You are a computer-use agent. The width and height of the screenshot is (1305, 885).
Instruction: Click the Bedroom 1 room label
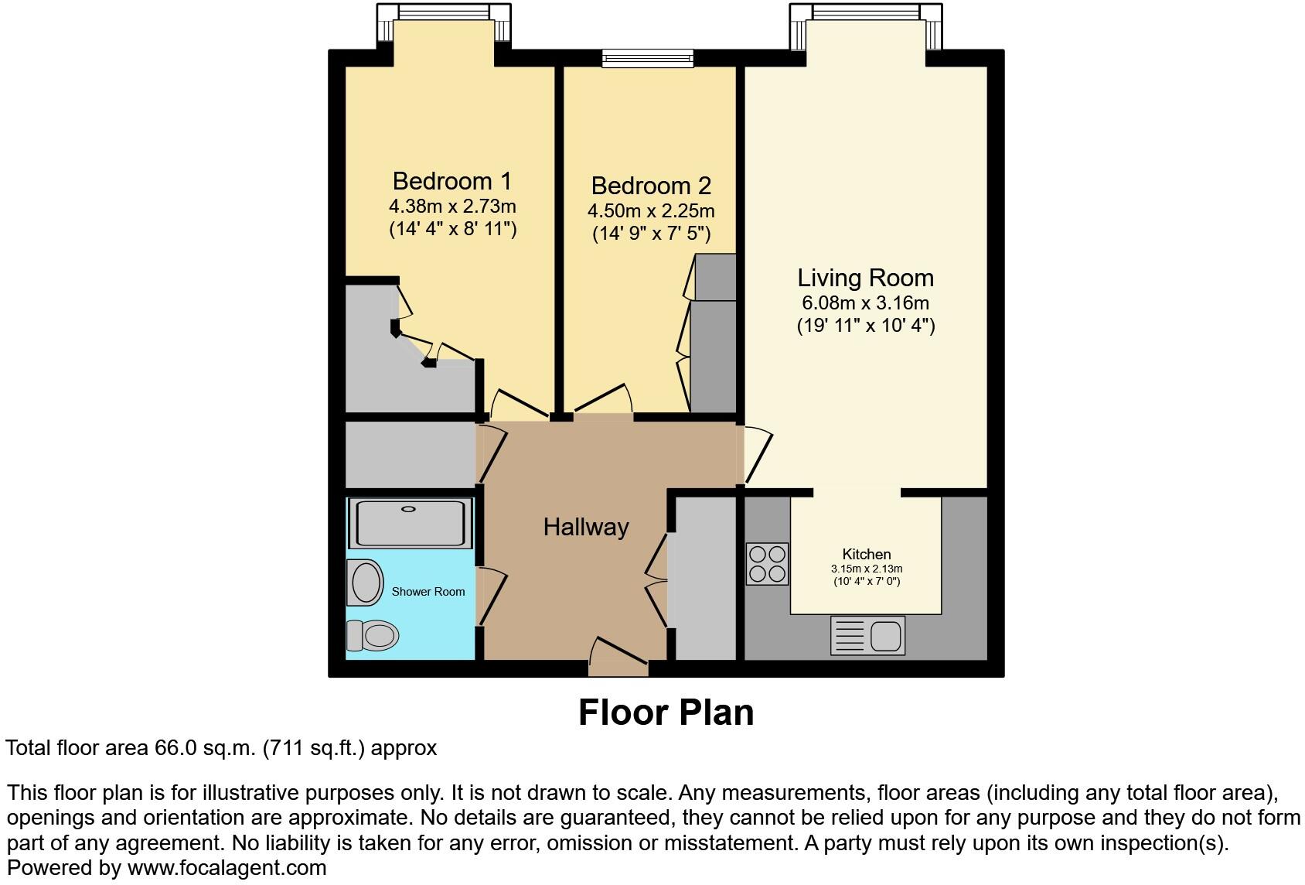(x=451, y=181)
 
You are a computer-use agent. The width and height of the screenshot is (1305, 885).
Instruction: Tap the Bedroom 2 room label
(x=651, y=186)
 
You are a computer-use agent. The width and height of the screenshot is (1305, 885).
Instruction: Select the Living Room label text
(x=865, y=278)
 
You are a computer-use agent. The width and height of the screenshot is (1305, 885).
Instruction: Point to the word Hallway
(x=586, y=528)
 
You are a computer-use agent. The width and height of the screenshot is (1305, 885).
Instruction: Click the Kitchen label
(x=866, y=554)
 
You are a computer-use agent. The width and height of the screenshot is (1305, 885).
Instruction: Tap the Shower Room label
(x=428, y=592)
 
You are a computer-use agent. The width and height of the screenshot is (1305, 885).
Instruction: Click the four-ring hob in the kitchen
(x=767, y=563)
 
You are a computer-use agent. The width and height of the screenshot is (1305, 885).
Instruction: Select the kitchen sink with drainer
(x=867, y=635)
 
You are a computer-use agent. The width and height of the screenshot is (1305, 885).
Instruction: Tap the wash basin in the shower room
(x=365, y=583)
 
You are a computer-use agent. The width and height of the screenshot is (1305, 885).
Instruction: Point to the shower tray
(x=410, y=523)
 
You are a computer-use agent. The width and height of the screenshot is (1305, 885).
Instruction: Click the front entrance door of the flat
(x=618, y=654)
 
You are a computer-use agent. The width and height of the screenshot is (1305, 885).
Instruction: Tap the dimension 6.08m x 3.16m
(x=865, y=303)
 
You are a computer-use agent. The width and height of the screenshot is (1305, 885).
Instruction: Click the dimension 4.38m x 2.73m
(x=451, y=207)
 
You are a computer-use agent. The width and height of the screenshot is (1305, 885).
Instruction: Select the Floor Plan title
(x=666, y=712)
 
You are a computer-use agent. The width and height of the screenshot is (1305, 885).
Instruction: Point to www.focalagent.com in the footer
(x=227, y=868)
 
